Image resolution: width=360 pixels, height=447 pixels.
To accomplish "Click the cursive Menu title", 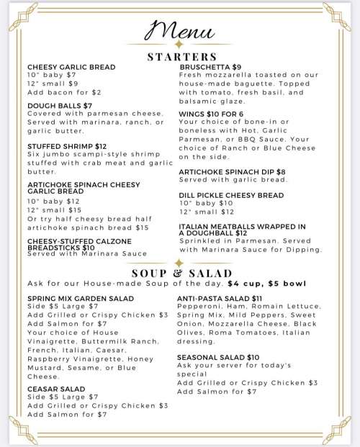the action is click(180, 31).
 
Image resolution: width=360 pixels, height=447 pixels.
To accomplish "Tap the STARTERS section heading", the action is click(181, 56).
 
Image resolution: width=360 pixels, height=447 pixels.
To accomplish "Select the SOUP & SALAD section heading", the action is click(181, 274).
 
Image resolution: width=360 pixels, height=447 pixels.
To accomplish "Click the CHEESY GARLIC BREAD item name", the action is click(71, 67).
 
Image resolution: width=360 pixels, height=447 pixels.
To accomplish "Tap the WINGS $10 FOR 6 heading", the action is click(212, 114).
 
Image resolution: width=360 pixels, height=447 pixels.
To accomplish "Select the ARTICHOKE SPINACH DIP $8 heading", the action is click(232, 171).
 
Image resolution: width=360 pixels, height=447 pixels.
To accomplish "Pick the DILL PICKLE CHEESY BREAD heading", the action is click(231, 195).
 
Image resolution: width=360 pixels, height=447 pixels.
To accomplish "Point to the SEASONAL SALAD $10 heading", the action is click(218, 357).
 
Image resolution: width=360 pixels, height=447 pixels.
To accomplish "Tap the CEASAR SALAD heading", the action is click(56, 389).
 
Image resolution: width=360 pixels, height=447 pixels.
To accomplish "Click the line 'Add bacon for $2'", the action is click(64, 93).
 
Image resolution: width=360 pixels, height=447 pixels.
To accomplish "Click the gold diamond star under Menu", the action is click(179, 45).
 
